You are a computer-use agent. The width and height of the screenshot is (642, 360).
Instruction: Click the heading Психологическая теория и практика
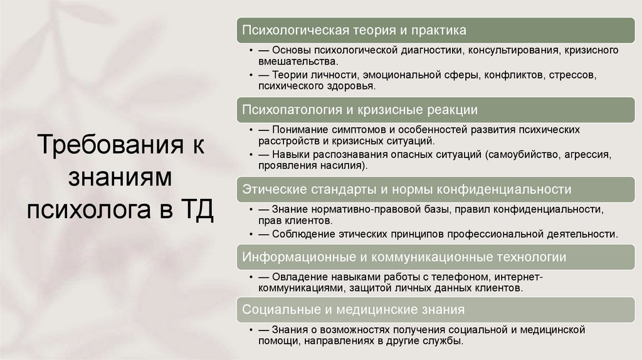354,29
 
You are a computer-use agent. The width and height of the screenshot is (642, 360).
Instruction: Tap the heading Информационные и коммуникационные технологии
404,257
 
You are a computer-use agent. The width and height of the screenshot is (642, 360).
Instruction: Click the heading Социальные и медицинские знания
354,309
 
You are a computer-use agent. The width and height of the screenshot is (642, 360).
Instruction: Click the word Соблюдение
303,233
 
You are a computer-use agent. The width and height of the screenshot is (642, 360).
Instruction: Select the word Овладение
302,277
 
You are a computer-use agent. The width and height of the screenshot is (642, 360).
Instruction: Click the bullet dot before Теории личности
251,75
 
